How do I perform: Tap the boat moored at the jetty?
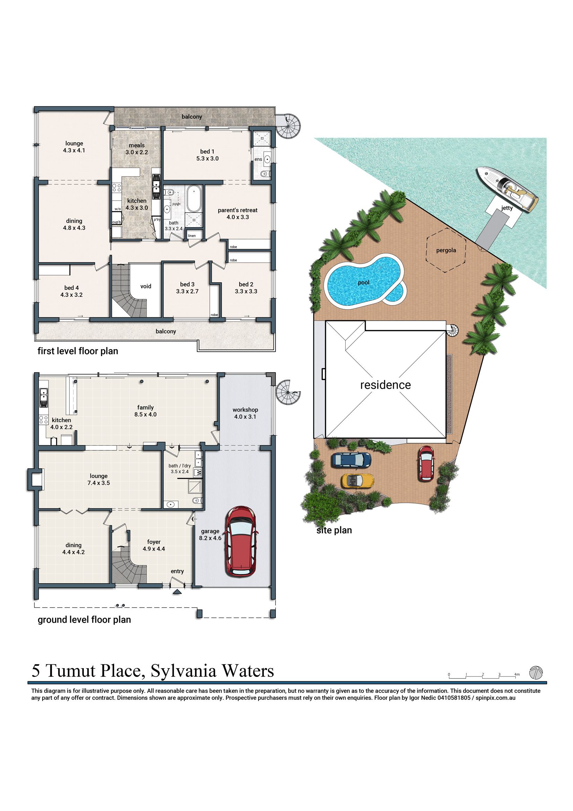coord(507,189)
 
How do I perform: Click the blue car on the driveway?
coord(351,459)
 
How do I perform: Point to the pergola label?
coord(446,250)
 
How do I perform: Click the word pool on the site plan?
coord(363,283)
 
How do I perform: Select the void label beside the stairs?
coord(146,286)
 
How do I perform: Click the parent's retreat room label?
coord(237,210)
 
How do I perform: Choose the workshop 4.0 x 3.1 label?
coord(245,413)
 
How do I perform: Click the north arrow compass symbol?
coord(536,672)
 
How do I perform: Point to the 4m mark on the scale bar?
coord(516,675)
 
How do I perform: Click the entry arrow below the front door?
coord(177,592)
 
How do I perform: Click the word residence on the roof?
coord(385,385)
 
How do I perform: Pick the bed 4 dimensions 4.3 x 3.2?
coord(71,295)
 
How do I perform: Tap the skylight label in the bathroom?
coord(176,204)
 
